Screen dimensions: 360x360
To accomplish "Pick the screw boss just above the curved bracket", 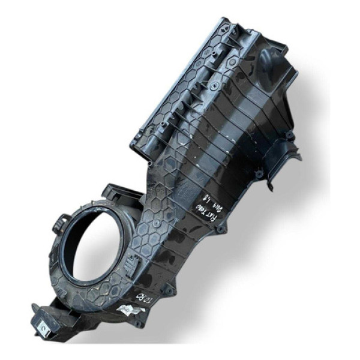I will (x=289, y=137).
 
